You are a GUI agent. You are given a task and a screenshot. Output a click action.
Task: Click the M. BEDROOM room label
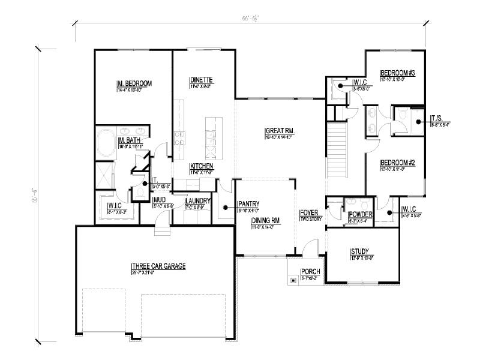click(x=134, y=83)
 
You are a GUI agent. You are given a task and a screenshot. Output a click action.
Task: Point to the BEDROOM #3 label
click(x=394, y=73)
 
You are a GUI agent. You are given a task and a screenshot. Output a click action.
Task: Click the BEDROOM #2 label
click(x=394, y=163)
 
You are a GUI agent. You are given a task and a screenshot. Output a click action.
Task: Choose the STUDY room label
click(x=359, y=251)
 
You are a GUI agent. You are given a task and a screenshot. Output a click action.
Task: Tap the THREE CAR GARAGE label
click(x=159, y=266)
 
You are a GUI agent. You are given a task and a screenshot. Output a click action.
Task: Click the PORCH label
click(x=311, y=272)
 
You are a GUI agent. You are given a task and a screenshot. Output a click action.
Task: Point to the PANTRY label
click(x=248, y=203)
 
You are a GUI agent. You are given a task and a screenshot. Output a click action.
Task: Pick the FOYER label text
click(x=308, y=213)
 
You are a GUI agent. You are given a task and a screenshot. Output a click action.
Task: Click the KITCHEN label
click(x=202, y=166)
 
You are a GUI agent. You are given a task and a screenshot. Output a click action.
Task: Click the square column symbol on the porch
click(x=292, y=280)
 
